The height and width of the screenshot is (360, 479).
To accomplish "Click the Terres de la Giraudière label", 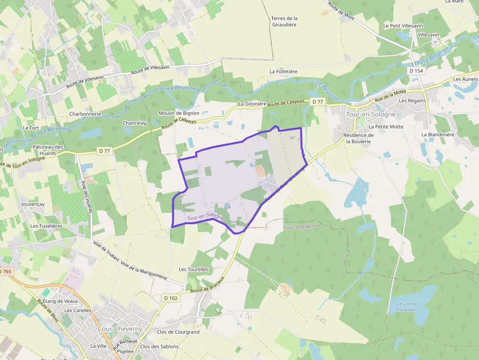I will point(284,21).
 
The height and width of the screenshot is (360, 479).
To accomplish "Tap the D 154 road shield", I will point(416,71).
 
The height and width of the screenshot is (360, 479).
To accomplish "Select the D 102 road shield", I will point(171,298).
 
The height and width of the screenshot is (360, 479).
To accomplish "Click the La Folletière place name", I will point(283,71).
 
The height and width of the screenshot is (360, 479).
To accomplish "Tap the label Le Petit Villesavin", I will point(403,25).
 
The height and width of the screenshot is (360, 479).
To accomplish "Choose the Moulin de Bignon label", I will point(179,113).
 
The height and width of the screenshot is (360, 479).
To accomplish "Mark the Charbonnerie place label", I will point(85,114).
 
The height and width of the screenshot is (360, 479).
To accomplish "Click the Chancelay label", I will point(134,123).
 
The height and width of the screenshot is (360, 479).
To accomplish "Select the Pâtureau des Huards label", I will point(48,150).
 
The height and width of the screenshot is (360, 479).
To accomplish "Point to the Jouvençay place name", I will point(33,204).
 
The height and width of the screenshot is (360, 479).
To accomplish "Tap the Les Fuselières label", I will point(46,226).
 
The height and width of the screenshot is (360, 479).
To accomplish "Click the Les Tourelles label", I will point(194,269).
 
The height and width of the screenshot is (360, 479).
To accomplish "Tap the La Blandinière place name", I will point(438,134).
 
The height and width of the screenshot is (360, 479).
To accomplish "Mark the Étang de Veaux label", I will point(61,301).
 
